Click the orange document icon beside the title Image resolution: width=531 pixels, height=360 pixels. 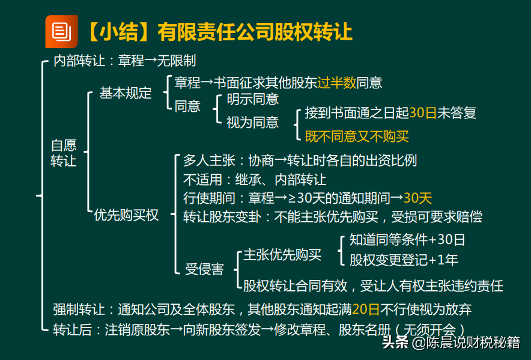point(61,31)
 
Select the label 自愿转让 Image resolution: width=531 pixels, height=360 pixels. point(64,153)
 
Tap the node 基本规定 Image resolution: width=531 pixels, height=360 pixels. point(126,93)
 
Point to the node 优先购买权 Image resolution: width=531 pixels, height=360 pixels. point(126,215)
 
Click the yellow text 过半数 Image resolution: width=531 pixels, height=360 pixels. point(337,82)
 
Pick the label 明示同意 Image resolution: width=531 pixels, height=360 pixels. point(253,99)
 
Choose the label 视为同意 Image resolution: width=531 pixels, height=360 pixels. point(253,122)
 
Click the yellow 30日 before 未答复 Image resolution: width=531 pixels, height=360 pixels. point(423,112)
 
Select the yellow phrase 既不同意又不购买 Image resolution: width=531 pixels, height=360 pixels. point(357,136)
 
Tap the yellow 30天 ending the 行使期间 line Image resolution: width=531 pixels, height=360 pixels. point(418,198)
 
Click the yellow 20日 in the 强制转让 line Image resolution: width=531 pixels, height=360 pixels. point(366,309)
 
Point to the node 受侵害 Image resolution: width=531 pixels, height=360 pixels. point(205,269)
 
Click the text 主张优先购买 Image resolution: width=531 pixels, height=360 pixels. point(282,255)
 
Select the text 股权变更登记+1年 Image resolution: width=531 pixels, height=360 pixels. point(404,260)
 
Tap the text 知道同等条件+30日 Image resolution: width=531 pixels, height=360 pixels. point(407,239)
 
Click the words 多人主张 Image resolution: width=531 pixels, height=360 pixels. point(209,160)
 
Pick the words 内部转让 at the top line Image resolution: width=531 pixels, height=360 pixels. point(79,61)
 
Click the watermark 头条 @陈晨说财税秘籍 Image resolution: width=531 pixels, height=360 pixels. point(451,343)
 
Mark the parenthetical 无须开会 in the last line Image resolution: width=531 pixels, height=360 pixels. point(429,329)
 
